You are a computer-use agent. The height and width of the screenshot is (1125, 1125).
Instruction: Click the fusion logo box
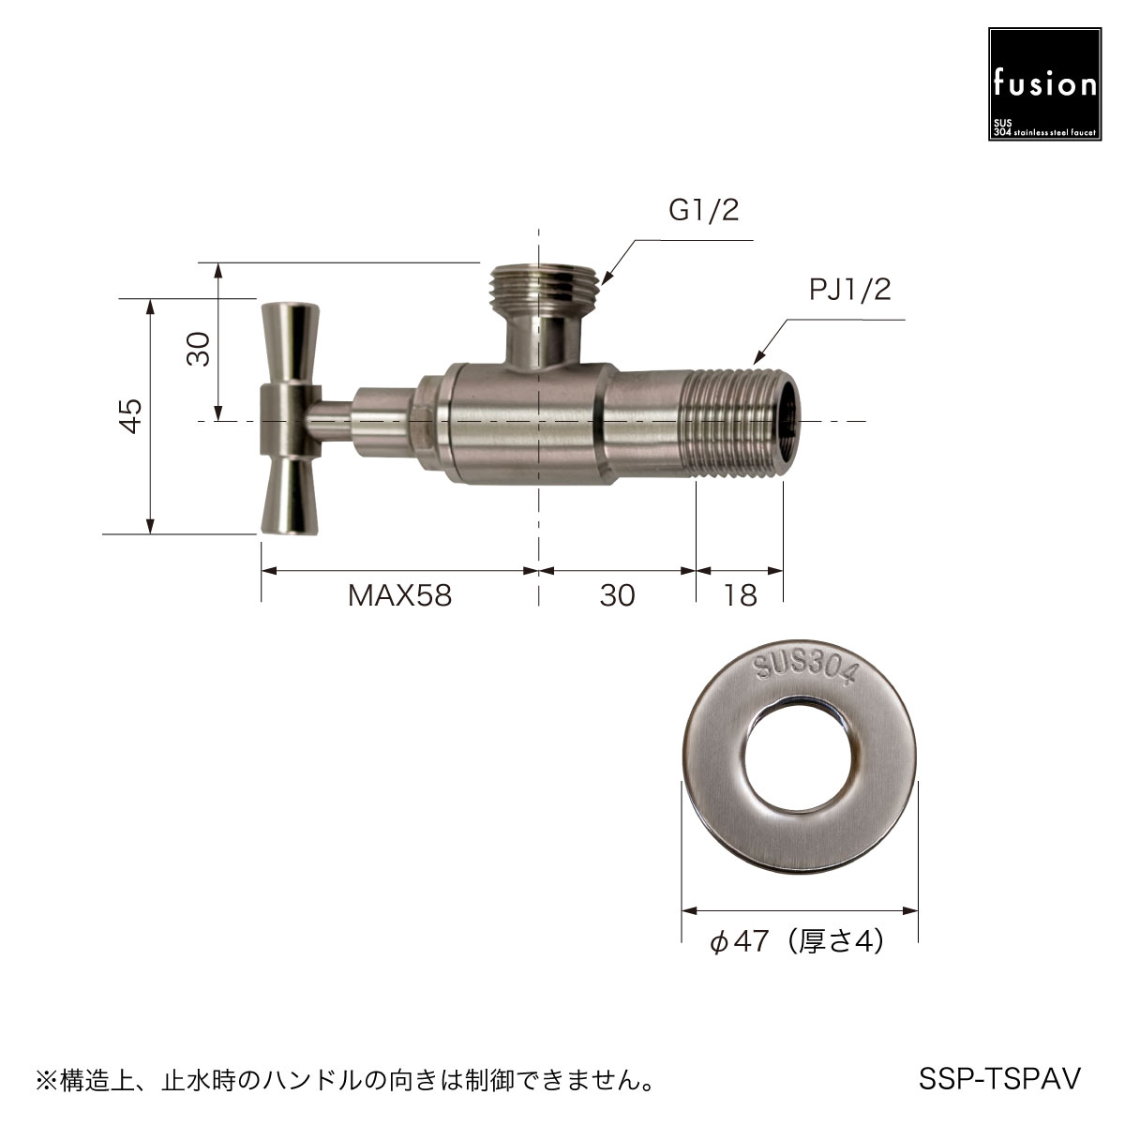point(1044,84)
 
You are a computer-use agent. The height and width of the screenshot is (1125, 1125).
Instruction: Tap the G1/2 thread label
point(703,210)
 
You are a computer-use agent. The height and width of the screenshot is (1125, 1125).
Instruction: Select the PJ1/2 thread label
point(849,290)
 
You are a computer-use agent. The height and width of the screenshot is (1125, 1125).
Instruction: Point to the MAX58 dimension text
point(400,595)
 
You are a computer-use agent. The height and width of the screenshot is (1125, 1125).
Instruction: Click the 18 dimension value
point(741,595)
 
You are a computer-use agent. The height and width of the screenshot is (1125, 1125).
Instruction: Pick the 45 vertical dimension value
point(131,415)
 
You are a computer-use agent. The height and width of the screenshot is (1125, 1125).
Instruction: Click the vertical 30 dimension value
point(199,349)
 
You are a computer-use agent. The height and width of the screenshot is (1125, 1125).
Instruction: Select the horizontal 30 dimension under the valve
point(617,595)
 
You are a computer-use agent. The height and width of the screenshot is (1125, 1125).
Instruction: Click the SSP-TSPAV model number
point(999,1078)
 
